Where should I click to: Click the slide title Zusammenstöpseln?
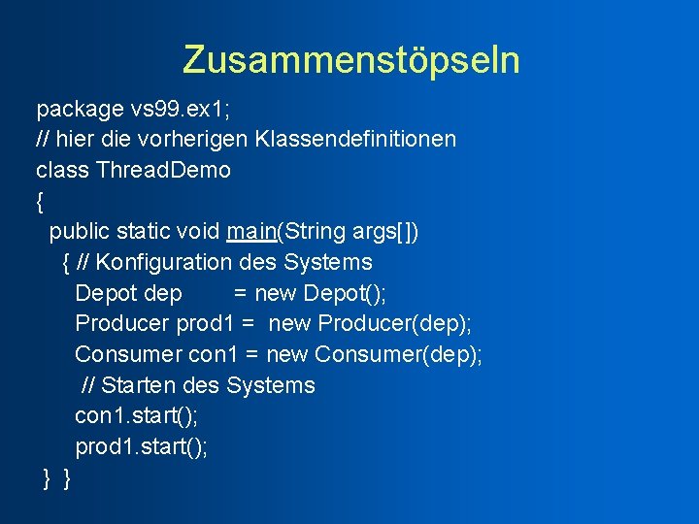[350, 60]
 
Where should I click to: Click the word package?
[79, 109]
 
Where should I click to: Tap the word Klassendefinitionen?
[355, 139]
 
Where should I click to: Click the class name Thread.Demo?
[164, 170]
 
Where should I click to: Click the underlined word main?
[251, 232]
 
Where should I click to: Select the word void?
[198, 232]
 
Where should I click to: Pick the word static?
[144, 232]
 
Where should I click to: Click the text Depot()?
[344, 293]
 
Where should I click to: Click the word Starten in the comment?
[138, 385]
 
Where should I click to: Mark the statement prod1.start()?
[141, 447]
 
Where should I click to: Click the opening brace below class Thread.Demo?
[40, 201]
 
